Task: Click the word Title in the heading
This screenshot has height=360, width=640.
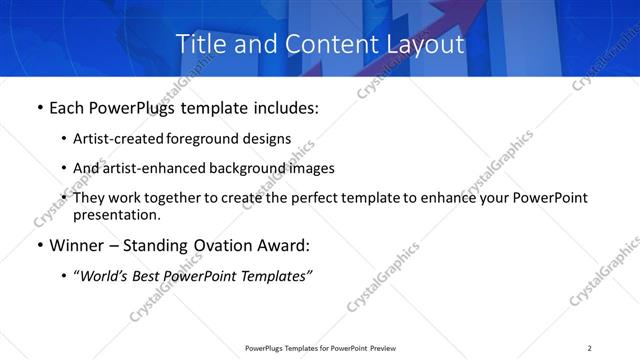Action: [200, 45]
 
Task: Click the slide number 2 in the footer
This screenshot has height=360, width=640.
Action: [590, 348]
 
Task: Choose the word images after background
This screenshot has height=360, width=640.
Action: [311, 168]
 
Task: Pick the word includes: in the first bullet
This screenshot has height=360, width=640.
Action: [283, 107]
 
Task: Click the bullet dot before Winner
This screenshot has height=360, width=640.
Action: [38, 246]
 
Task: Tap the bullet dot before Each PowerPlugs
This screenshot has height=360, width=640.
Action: [38, 107]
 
